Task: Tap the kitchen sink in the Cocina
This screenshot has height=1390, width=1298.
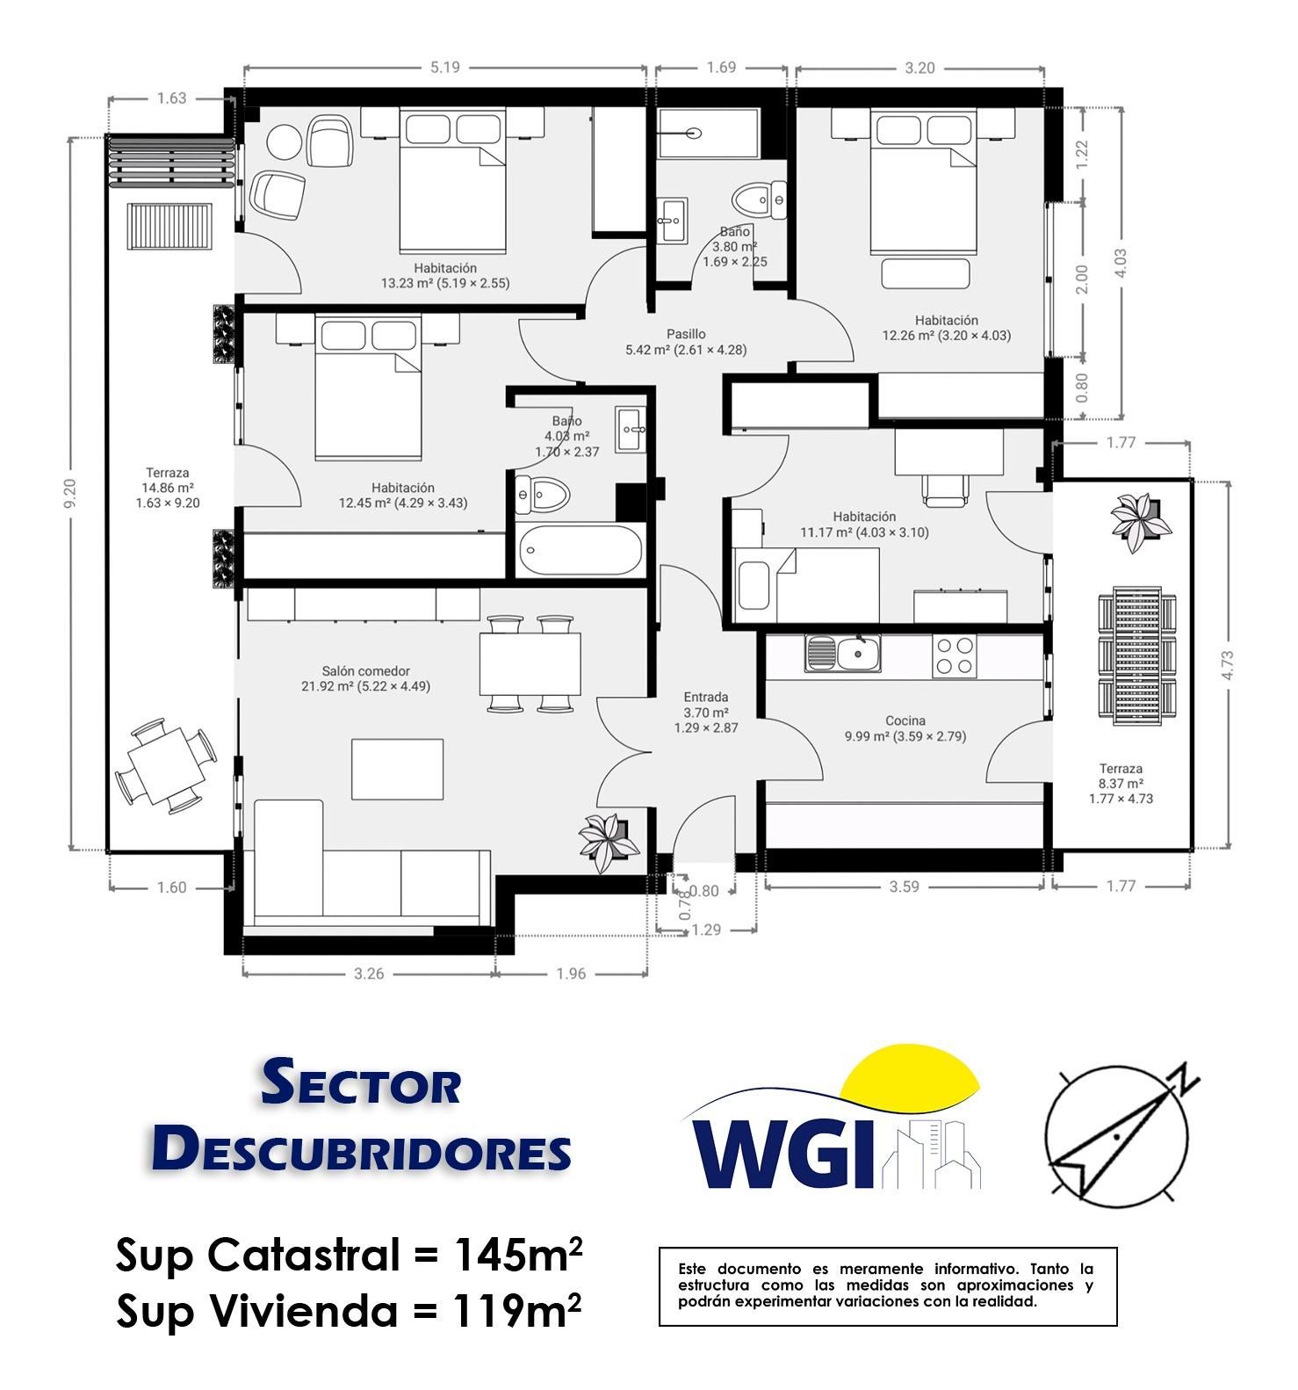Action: coord(842,654)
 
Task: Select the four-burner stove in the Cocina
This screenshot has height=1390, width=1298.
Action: coord(954,655)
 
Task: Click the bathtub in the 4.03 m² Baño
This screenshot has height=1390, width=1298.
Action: coord(580,551)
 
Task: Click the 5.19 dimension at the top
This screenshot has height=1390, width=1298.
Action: coord(444,68)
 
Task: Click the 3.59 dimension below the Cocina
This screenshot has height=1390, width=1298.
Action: coord(904,887)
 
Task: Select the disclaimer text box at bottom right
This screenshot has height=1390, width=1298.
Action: coord(887,1285)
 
